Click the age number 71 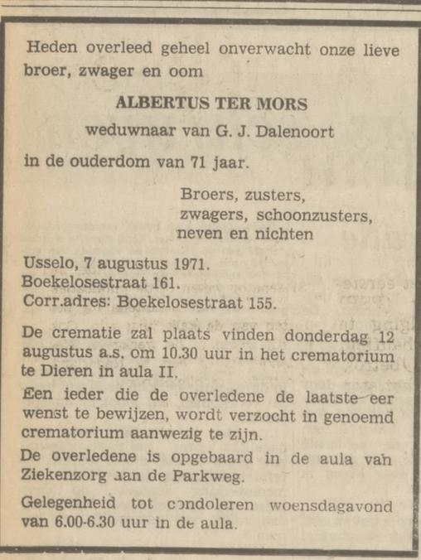[x=191, y=162]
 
